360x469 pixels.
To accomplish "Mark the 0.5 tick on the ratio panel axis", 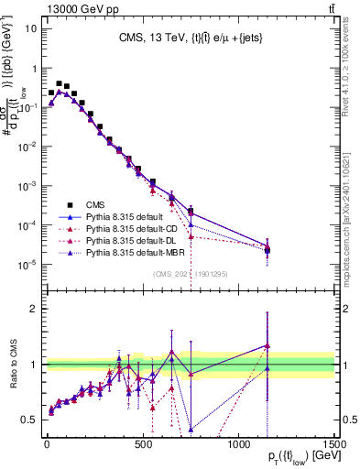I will [x=28, y=420].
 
